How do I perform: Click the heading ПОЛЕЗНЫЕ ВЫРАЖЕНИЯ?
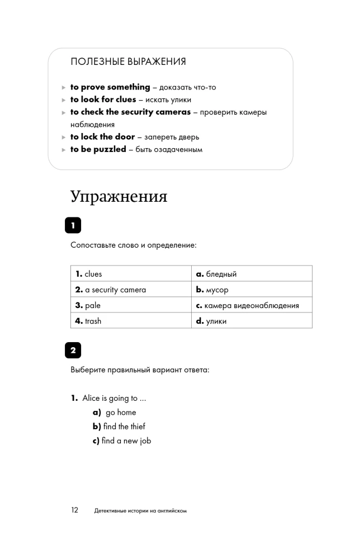tap(128, 61)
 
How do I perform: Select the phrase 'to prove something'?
tap(110, 87)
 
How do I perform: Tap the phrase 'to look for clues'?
tap(103, 100)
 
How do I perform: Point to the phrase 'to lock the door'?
tap(102, 137)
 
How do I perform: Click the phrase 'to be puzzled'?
tap(98, 149)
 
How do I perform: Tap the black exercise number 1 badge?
tap(73, 226)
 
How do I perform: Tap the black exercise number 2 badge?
tap(73, 350)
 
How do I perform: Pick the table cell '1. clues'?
tap(131, 274)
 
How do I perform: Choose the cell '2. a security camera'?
tap(131, 290)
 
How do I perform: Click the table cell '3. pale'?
tap(131, 305)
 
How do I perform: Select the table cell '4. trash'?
tap(131, 321)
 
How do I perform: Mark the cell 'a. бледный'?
tap(252, 274)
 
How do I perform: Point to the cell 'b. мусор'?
tap(252, 290)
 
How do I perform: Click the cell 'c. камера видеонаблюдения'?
tap(252, 305)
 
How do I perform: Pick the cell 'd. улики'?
tap(252, 321)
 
